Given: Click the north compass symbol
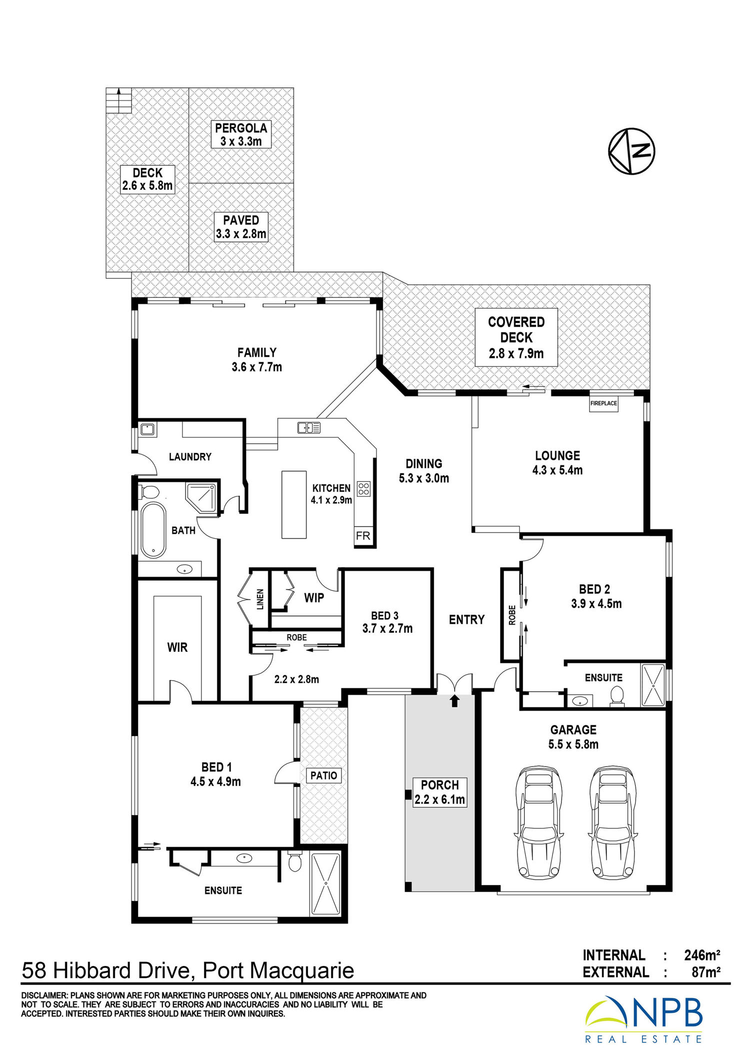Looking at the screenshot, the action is coord(631,151).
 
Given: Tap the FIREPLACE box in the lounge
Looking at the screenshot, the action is coord(603,403).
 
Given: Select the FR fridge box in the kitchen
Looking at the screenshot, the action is coord(363,536).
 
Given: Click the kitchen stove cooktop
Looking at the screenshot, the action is coord(364,488).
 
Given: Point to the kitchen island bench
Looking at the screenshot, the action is coord(294,504).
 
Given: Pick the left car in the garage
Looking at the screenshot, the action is coord(538,823).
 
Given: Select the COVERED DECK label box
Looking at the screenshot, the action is coord(516,337).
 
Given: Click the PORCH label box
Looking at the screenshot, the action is coord(440,792).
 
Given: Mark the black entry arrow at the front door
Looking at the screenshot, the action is coord(454,701).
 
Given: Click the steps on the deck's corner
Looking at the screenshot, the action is coord(119,100).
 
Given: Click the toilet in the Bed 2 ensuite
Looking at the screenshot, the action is coord(617,696).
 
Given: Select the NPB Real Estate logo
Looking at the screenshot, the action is coord(644,1020).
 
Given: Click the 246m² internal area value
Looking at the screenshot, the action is coord(702,955).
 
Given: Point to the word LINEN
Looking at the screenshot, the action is coord(260,599).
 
